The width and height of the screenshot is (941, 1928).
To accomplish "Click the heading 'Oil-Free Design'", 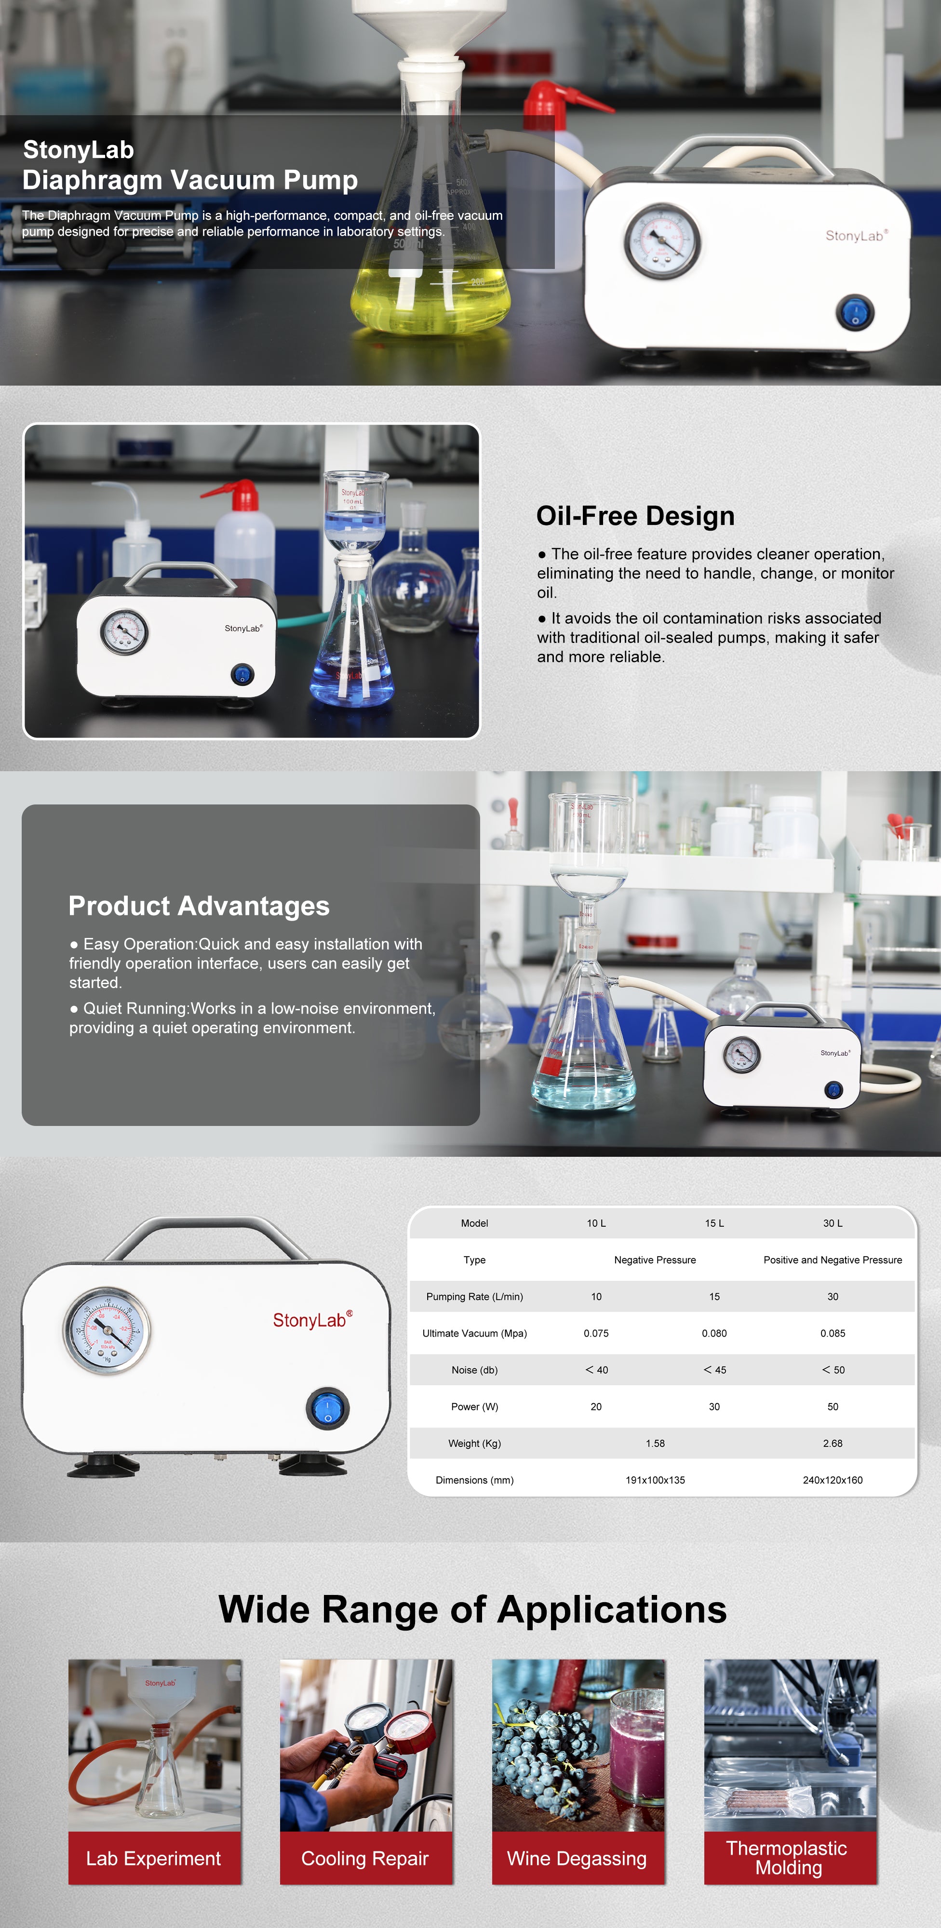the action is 635,516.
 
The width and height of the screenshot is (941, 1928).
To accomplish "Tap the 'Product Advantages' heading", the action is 199,906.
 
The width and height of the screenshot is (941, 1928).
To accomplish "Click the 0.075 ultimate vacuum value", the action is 596,1333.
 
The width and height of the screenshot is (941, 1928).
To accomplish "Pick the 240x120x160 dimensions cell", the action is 833,1480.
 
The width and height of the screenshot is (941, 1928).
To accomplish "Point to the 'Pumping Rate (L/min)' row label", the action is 475,1296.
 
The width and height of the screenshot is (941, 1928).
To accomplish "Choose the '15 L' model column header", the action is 714,1223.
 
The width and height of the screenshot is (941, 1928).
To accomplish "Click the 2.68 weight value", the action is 833,1443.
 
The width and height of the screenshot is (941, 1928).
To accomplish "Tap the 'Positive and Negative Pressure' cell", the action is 833,1259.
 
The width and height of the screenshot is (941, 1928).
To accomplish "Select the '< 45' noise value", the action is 714,1370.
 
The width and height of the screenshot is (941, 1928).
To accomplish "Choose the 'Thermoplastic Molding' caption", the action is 788,1858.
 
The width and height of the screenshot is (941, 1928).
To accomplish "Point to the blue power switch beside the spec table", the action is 327,1408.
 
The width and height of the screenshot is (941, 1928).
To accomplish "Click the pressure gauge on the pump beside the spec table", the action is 107,1331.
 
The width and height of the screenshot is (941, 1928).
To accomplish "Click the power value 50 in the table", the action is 833,1406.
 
